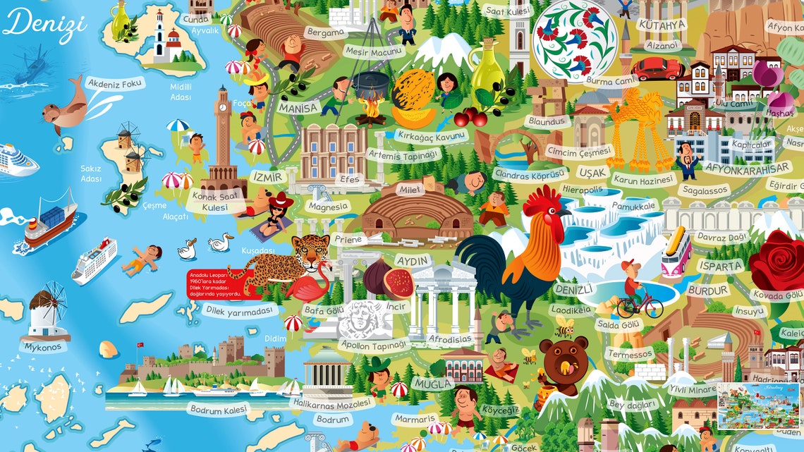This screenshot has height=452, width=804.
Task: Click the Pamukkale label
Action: pos(634,205)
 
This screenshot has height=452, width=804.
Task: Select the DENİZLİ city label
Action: pos(573,290)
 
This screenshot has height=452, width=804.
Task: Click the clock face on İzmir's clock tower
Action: pos(224,108)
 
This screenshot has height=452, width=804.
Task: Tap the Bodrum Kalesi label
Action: pos(218,408)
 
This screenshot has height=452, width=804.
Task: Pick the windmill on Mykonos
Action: pos(47,311)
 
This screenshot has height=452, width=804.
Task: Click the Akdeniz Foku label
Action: pos(115,83)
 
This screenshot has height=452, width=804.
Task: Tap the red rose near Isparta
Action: pos(776,260)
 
